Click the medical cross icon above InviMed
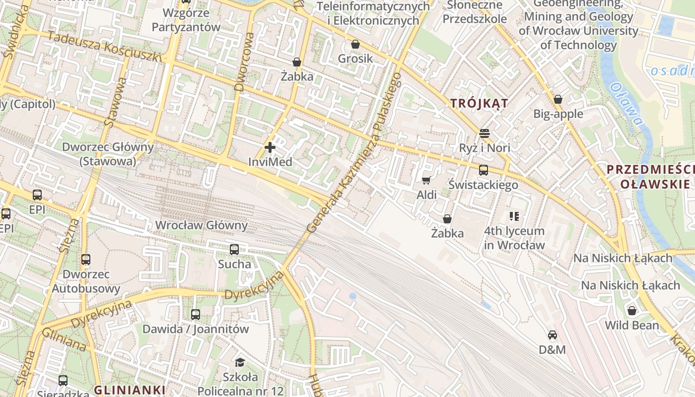[270, 147]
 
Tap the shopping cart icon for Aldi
[426, 180]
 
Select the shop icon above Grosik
[355, 44]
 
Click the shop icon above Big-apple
[558, 99]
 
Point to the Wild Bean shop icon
[632, 311]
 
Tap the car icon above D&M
[553, 335]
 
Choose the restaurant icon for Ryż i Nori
[485, 133]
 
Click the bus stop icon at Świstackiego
[484, 170]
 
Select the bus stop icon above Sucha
[234, 250]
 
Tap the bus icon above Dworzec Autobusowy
[86, 259]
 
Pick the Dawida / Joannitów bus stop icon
[196, 314]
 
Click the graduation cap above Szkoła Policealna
[240, 362]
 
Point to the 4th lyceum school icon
[514, 216]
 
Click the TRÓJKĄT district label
[479, 103]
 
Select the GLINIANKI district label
[129, 390]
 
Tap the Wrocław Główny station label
[201, 225]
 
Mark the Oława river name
[626, 103]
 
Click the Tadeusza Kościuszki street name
[105, 48]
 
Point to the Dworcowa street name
[244, 62]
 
